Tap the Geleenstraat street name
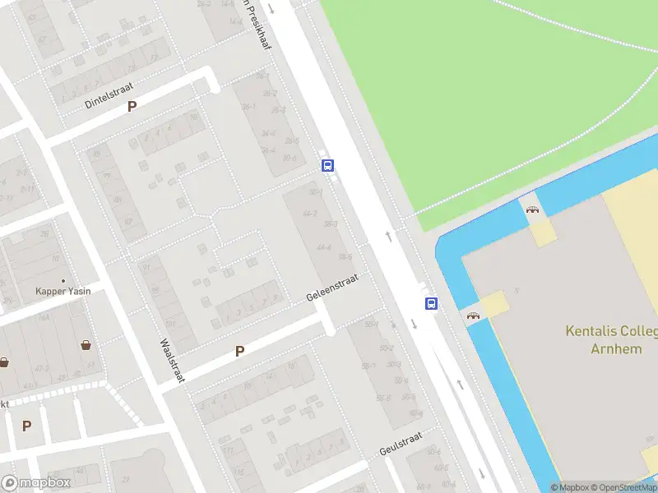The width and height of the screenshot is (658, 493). (x=332, y=287)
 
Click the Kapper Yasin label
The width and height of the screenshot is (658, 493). (x=63, y=291)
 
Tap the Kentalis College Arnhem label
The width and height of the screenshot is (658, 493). (x=611, y=339)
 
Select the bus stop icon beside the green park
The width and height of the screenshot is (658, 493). (x=327, y=165)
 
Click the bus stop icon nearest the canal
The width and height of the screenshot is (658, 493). (x=431, y=303)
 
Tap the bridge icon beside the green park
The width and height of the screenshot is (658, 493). (x=533, y=209)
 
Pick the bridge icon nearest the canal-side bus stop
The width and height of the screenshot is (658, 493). (x=473, y=316)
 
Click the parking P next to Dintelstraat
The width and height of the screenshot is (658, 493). (x=132, y=106)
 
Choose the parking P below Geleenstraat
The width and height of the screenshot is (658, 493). (x=240, y=351)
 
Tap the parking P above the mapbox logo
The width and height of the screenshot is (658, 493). (x=26, y=426)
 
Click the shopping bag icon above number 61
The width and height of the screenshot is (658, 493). (x=86, y=345)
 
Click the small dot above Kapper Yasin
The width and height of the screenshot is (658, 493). (x=63, y=280)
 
